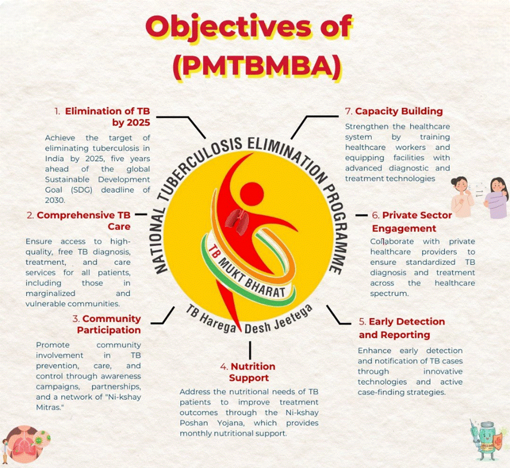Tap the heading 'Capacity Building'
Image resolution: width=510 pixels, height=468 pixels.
pos(399,111)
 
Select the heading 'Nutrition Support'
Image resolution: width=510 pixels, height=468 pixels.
pos(253,372)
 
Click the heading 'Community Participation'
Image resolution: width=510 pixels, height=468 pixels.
pos(109,324)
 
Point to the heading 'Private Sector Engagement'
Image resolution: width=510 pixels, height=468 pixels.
pos(412,222)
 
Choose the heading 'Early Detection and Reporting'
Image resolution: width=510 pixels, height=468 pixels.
pos(402,328)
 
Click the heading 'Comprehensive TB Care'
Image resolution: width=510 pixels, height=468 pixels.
pos(84,221)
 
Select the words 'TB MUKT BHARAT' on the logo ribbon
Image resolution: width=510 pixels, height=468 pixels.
pos(247,271)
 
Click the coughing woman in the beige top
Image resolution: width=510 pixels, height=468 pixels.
pos(462,197)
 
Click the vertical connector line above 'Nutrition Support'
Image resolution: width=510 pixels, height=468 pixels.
pos(250,350)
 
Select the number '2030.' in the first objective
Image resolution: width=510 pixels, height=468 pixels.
pos(55,200)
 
